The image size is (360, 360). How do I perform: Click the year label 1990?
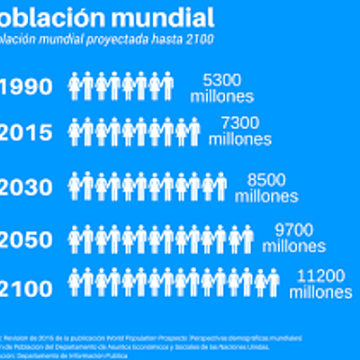26,87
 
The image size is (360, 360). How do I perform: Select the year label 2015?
27,133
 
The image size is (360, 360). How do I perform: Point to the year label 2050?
27,238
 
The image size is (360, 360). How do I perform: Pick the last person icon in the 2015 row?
193,133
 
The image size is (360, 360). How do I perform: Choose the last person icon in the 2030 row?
220,187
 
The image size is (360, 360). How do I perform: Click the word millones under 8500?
266,193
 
